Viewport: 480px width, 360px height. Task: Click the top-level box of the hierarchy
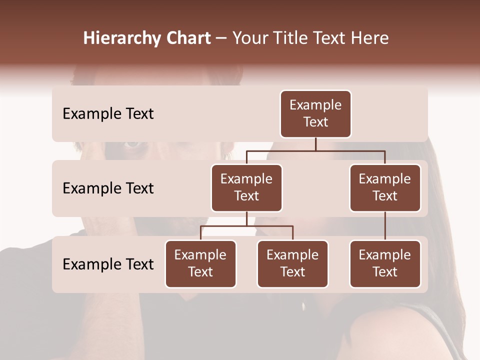click(315, 114)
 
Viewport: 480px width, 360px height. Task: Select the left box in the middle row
click(246, 187)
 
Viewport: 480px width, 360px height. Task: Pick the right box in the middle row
click(385, 187)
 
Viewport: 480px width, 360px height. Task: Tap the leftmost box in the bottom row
click(200, 263)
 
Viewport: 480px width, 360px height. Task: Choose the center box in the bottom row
click(292, 263)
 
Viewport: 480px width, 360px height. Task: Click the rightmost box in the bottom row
click(385, 263)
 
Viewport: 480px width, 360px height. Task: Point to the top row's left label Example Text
click(108, 114)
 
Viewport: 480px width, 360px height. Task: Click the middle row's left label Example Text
click(108, 188)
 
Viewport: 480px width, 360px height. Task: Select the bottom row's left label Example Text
click(108, 264)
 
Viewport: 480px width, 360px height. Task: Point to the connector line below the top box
click(315, 144)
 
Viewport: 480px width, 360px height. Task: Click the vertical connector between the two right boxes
click(385, 226)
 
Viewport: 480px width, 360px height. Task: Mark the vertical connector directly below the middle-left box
click(246, 218)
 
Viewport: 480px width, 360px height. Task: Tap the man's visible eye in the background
click(132, 144)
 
